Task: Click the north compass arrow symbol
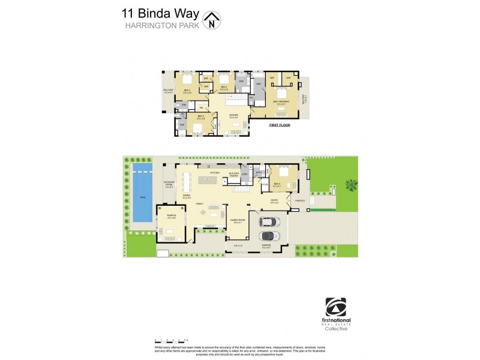[211, 20]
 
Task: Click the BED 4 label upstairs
[201, 118]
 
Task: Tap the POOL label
[142, 197]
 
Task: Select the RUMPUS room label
[171, 217]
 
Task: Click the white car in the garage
[269, 222]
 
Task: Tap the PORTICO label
[300, 201]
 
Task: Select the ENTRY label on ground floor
[274, 201]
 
